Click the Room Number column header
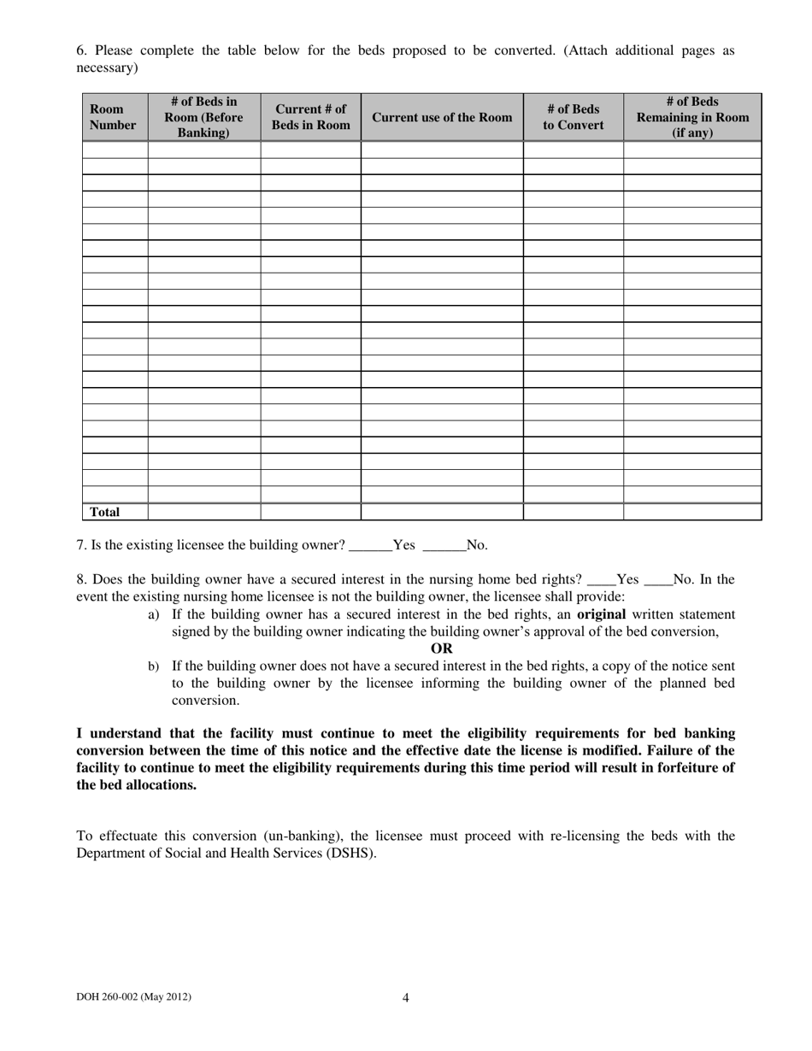(113, 117)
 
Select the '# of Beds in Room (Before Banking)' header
(204, 117)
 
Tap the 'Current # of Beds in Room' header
(311, 117)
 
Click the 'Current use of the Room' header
(442, 117)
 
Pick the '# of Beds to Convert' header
(574, 117)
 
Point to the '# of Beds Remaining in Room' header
(692, 117)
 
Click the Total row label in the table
(105, 513)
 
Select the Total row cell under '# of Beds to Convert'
(574, 513)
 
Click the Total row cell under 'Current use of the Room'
(442, 513)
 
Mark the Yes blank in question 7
(371, 545)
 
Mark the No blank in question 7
(444, 545)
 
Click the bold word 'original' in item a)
(602, 614)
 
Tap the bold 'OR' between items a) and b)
(442, 649)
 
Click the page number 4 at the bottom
(406, 997)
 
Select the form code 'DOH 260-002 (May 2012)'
(134, 996)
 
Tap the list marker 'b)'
(154, 666)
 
